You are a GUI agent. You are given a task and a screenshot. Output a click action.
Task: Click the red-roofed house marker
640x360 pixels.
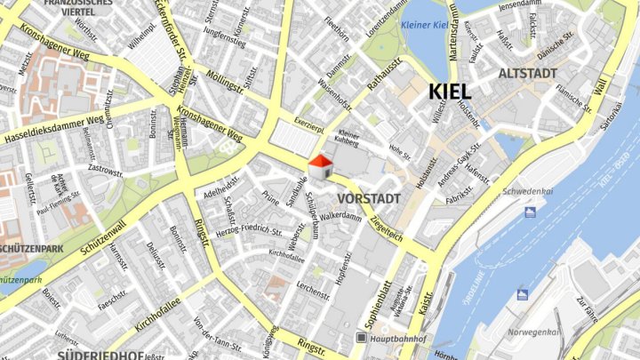320,166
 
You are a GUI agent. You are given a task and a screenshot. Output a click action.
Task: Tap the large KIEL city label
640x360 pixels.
450,91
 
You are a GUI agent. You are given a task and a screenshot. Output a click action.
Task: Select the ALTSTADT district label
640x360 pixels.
528,72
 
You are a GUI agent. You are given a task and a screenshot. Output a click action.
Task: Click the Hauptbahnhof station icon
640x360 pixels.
362,338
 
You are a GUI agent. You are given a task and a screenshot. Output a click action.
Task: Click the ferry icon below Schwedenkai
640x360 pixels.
531,212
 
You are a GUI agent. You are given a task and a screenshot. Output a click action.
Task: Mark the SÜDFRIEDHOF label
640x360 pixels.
100,355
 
